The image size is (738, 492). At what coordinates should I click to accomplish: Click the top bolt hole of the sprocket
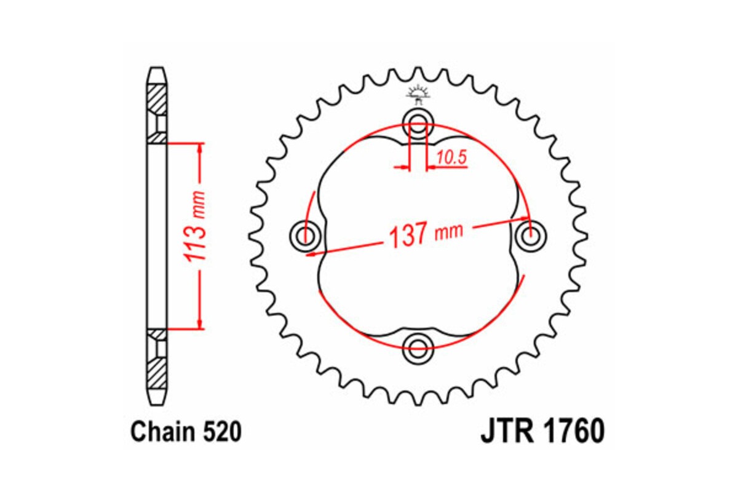click(x=418, y=120)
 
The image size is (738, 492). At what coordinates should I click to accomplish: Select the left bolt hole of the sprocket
click(x=304, y=234)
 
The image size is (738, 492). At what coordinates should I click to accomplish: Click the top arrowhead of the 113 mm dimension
click(x=199, y=148)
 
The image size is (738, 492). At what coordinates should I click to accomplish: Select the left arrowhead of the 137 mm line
click(x=311, y=252)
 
